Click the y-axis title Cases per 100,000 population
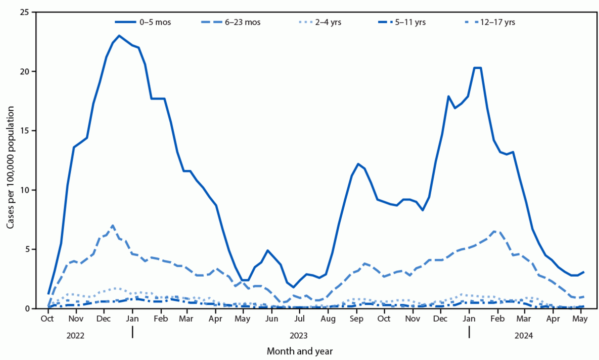click(x=11, y=160)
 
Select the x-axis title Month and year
click(x=299, y=350)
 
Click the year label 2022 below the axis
click(x=75, y=335)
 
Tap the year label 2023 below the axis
click(x=299, y=335)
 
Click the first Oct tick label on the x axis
click(x=48, y=320)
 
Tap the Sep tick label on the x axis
click(x=356, y=320)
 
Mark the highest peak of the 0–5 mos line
click(x=119, y=35)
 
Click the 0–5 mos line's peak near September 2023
click(x=358, y=164)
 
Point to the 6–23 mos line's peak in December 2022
click(x=112, y=226)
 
